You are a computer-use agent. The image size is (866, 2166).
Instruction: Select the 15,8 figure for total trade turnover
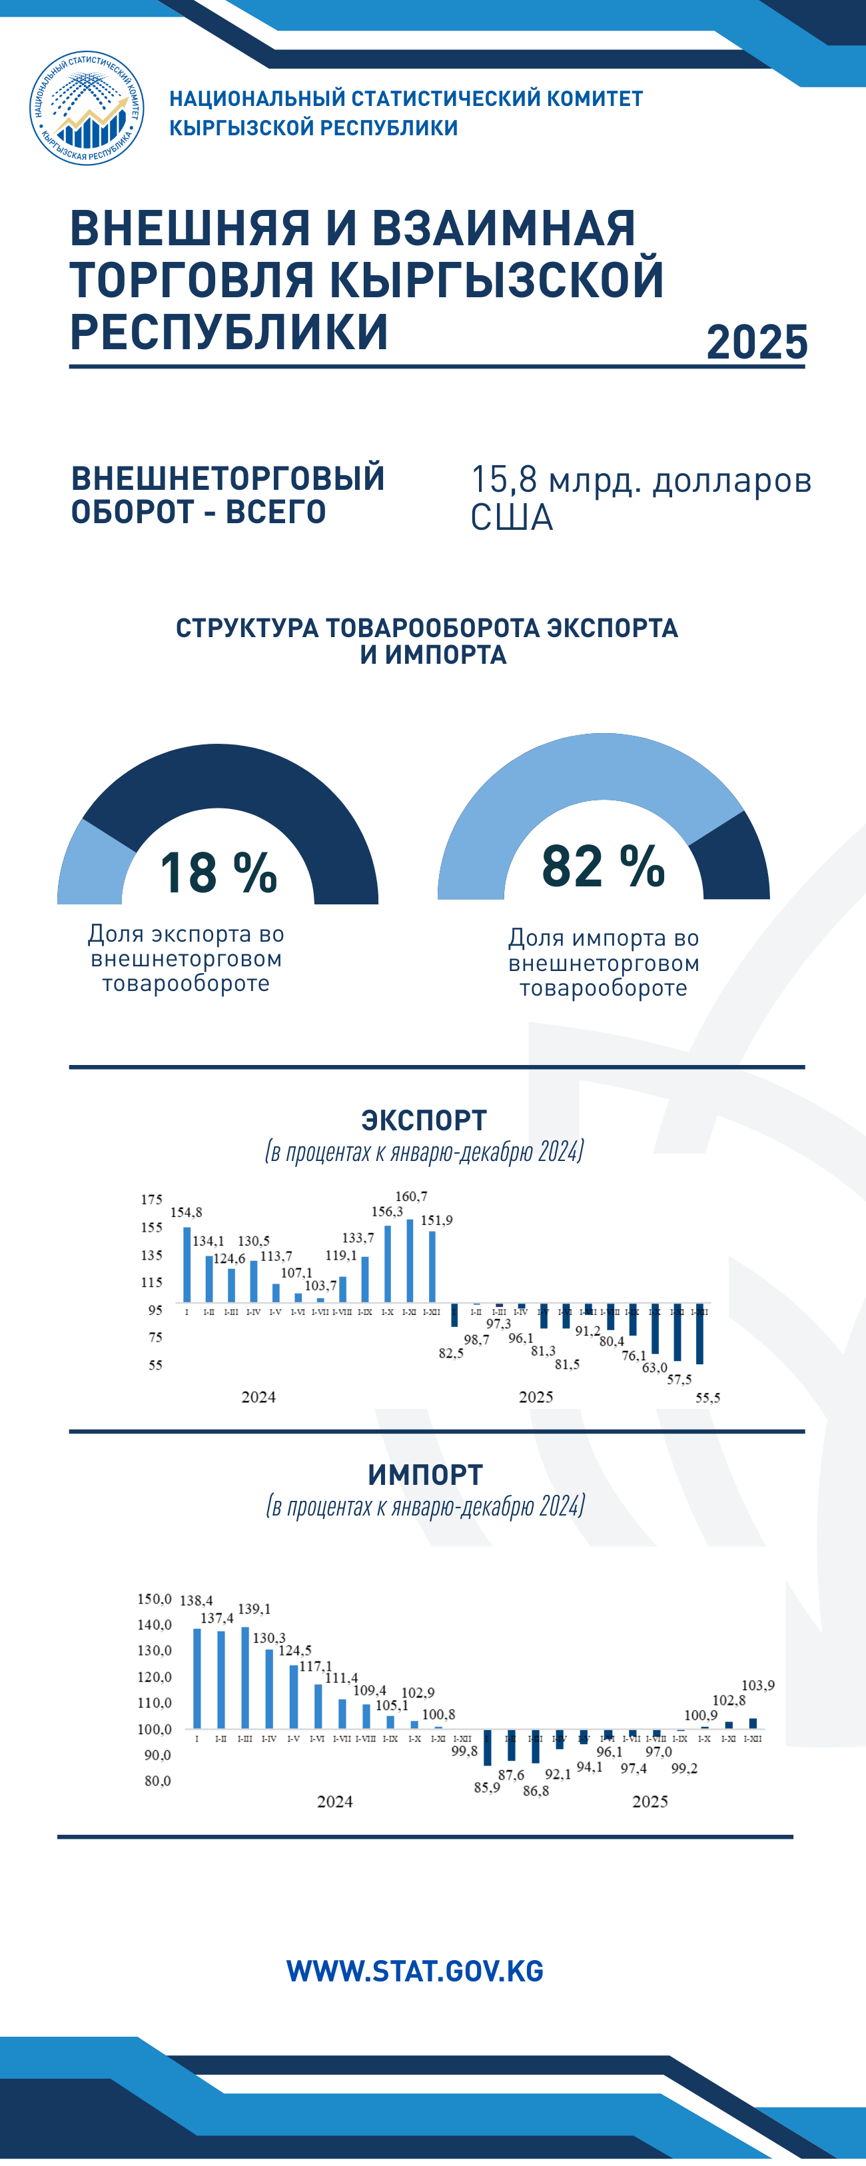point(503,480)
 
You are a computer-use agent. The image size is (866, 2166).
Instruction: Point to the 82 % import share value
point(603,865)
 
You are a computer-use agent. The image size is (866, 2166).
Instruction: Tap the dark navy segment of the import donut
point(734,858)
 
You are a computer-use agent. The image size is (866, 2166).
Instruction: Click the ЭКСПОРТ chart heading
point(424,1120)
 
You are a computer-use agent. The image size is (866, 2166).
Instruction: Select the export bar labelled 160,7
point(410,1260)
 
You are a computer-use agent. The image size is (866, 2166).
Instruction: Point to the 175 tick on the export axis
point(151,1200)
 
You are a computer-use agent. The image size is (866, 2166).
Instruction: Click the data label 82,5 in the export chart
point(451,1353)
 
